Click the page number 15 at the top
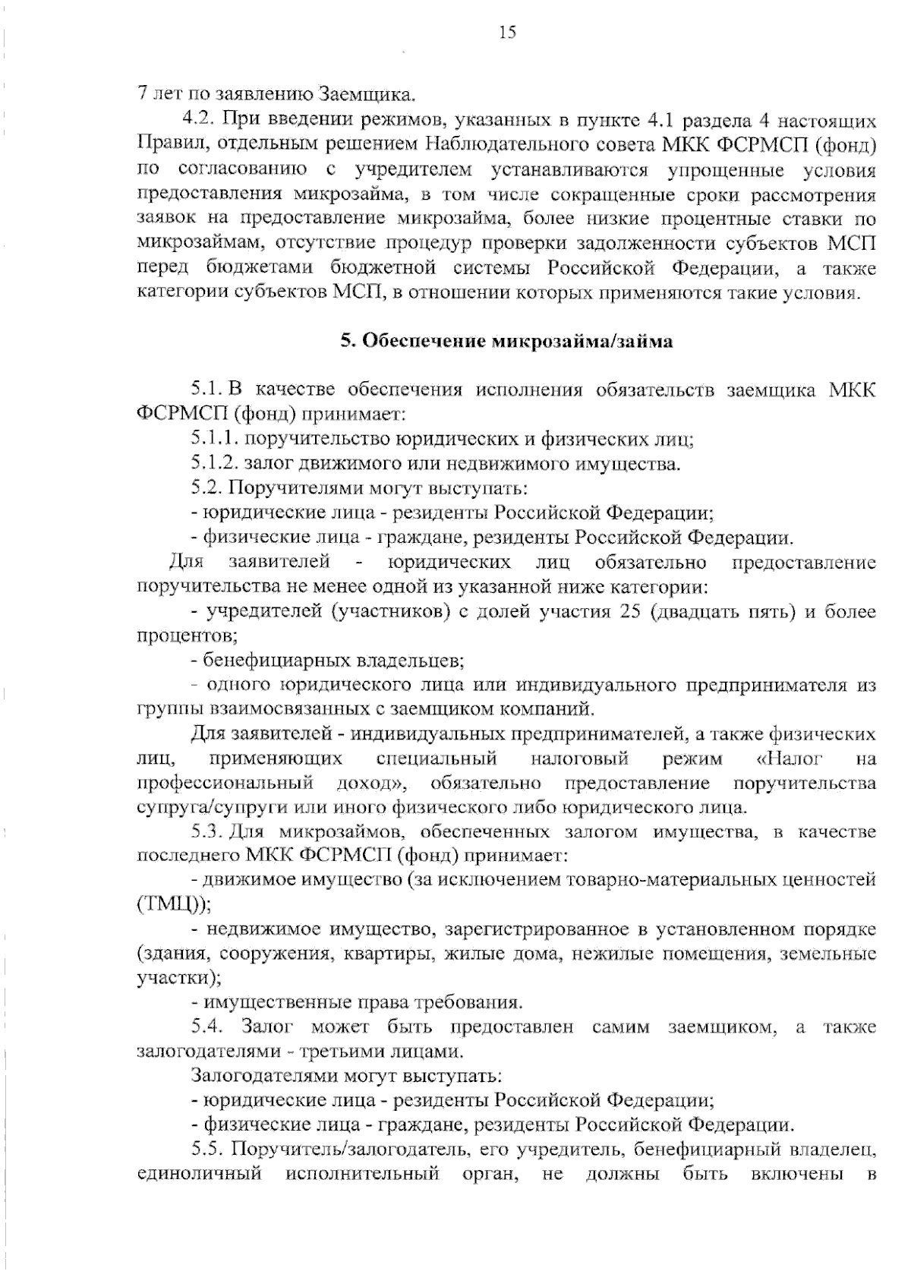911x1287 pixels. coord(507,32)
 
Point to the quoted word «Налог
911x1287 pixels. coord(790,759)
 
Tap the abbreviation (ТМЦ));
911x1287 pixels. coord(174,905)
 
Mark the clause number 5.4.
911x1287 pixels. coord(206,1027)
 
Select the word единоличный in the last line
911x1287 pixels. coord(200,1174)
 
